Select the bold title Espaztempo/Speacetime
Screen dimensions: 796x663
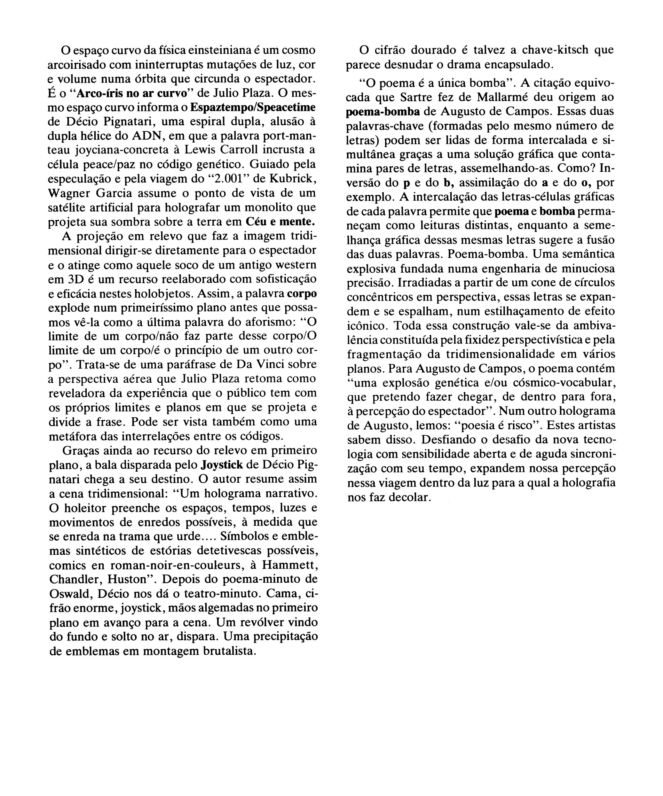click(253, 107)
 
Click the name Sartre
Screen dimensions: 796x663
click(419, 98)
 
